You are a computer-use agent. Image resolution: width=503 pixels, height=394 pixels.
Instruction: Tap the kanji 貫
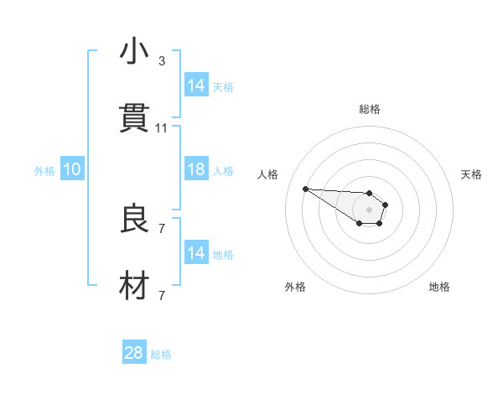click(134, 119)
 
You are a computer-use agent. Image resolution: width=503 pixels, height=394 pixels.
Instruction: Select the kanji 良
click(134, 220)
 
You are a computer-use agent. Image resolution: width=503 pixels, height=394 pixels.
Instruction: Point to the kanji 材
click(134, 287)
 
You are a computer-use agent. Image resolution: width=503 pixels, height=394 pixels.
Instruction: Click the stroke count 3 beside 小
click(162, 61)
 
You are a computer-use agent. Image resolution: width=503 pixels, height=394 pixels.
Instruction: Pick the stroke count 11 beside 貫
click(162, 128)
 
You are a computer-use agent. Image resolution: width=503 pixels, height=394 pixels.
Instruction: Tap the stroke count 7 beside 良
click(162, 228)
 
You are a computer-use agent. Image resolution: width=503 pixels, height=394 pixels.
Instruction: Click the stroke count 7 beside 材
click(162, 295)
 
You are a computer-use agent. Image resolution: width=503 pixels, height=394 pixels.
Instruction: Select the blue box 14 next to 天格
click(196, 86)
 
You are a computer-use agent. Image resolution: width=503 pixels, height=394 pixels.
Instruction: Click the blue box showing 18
click(196, 169)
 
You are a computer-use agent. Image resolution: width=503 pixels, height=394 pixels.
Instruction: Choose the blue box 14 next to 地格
click(196, 253)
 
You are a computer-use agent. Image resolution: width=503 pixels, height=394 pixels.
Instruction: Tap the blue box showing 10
click(72, 169)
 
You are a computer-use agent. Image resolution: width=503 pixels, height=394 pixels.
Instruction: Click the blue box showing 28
click(134, 353)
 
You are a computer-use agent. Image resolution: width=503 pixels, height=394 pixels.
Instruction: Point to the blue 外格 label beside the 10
click(44, 170)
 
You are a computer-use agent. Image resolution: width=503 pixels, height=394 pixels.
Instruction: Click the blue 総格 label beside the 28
click(161, 355)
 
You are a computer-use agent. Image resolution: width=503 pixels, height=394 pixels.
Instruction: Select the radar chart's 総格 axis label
click(370, 109)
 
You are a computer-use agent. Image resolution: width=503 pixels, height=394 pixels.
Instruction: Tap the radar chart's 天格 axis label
click(471, 174)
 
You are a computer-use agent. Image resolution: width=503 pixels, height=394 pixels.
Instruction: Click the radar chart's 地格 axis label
click(439, 287)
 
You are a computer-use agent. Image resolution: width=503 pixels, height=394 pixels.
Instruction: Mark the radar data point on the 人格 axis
click(305, 189)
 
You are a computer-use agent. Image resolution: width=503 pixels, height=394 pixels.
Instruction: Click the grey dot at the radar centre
click(369, 209)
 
